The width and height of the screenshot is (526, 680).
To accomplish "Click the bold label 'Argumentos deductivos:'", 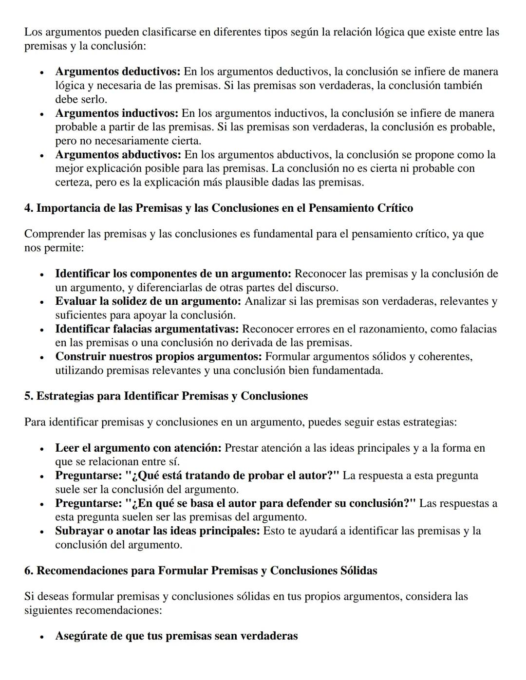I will pos(117,72).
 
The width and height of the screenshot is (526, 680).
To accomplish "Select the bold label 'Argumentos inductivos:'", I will pos(116,113).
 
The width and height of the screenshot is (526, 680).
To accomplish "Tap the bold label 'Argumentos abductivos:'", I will pos(118,155).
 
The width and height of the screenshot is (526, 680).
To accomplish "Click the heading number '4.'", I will pos(29,208).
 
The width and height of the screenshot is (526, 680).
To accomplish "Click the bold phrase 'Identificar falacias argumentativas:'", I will pos(147,329).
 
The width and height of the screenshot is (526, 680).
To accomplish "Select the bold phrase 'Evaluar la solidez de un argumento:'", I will pos(148,301).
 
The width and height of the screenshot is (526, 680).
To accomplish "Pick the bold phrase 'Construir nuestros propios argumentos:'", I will pos(158,357).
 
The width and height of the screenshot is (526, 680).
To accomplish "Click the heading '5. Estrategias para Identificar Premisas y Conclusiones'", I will pos(166,396).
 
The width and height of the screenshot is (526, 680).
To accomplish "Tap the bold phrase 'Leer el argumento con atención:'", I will pos(138,448).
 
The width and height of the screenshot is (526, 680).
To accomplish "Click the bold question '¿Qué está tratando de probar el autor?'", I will pos(232,476).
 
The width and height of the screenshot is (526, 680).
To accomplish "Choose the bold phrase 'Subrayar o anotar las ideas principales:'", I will pos(157,531).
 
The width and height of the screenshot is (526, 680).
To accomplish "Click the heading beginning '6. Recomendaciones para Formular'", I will pos(201,570).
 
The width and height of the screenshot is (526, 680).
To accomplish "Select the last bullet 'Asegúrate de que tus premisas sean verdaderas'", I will pos(176,636).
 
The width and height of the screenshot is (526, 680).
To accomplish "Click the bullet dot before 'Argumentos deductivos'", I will pos(42,73).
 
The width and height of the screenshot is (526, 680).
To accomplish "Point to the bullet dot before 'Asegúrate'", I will pos(42,637).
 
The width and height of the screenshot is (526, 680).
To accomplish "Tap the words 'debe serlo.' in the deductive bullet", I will pos(81,99).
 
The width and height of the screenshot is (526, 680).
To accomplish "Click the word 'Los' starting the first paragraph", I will pos(33,33).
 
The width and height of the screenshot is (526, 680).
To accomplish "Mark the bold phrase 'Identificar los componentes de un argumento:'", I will pos(173,274).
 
